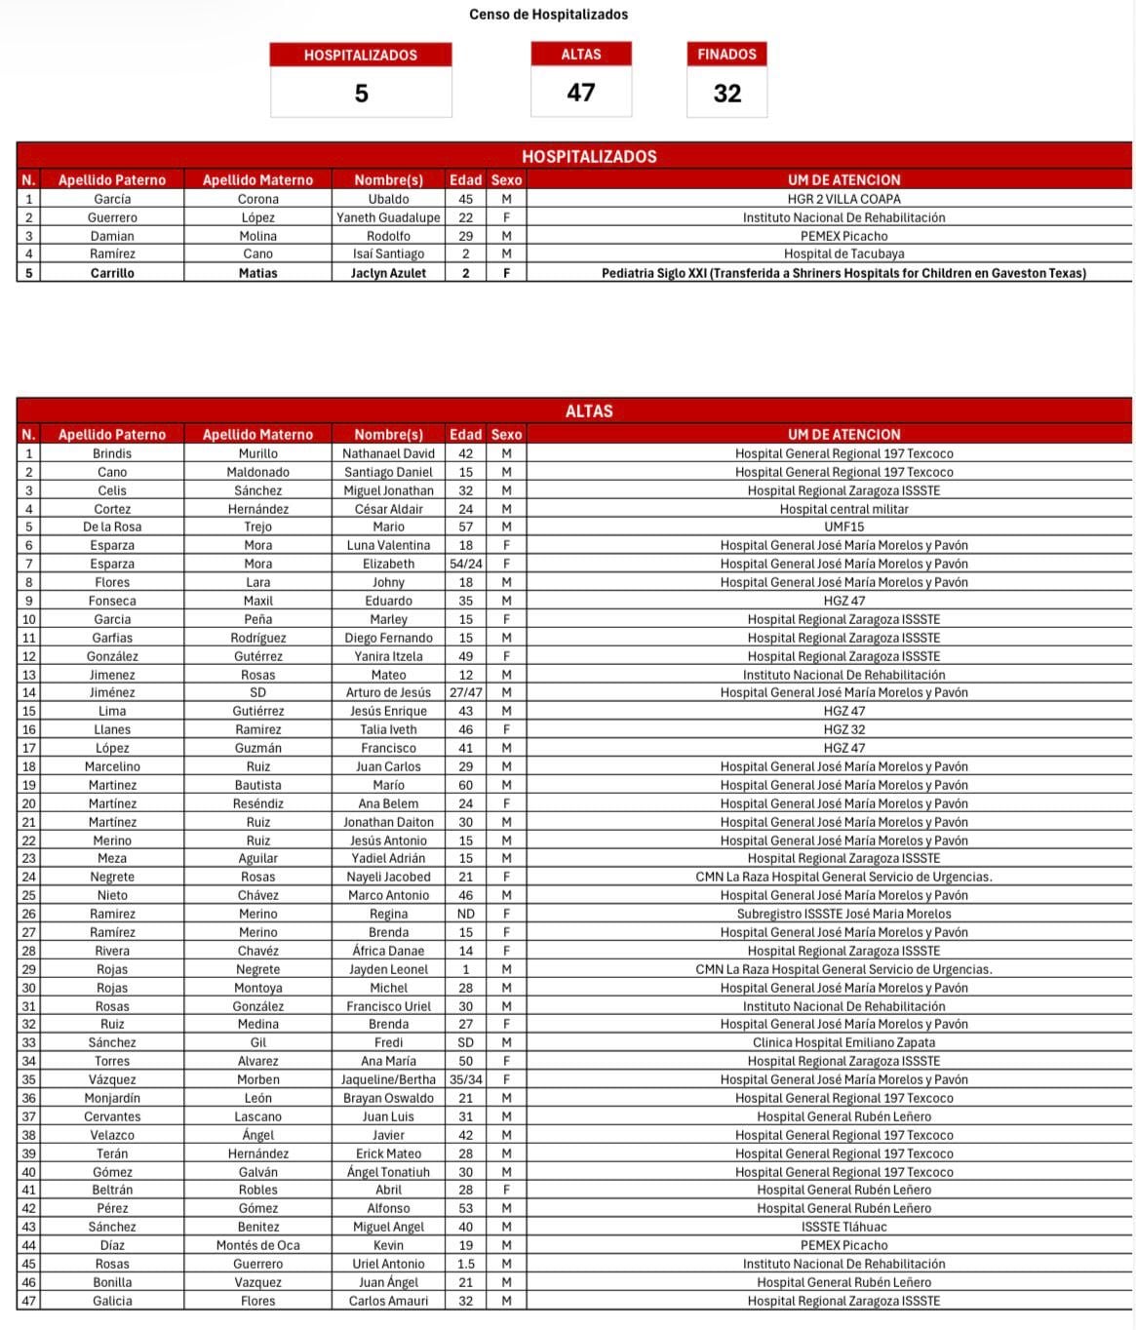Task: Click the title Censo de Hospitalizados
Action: (x=548, y=15)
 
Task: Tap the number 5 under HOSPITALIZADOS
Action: (x=361, y=94)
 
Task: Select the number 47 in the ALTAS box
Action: (x=581, y=93)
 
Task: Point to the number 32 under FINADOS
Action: (x=727, y=94)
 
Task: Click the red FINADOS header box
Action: (x=726, y=55)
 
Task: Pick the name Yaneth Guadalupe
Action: (x=388, y=217)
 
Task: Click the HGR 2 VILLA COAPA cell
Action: (x=843, y=199)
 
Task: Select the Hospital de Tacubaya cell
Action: (x=843, y=254)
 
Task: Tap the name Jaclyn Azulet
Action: (x=388, y=273)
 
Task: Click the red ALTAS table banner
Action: (x=589, y=411)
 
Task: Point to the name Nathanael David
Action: (x=388, y=453)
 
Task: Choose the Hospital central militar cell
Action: (x=843, y=509)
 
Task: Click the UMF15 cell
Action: (x=843, y=527)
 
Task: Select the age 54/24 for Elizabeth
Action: (x=465, y=564)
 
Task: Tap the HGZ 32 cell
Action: (x=843, y=729)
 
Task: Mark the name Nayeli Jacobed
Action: (x=388, y=877)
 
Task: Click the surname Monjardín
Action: (x=112, y=1098)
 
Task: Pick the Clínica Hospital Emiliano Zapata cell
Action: (x=843, y=1042)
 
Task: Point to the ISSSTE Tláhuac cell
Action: (x=843, y=1227)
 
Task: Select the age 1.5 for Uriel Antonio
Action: (x=465, y=1264)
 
